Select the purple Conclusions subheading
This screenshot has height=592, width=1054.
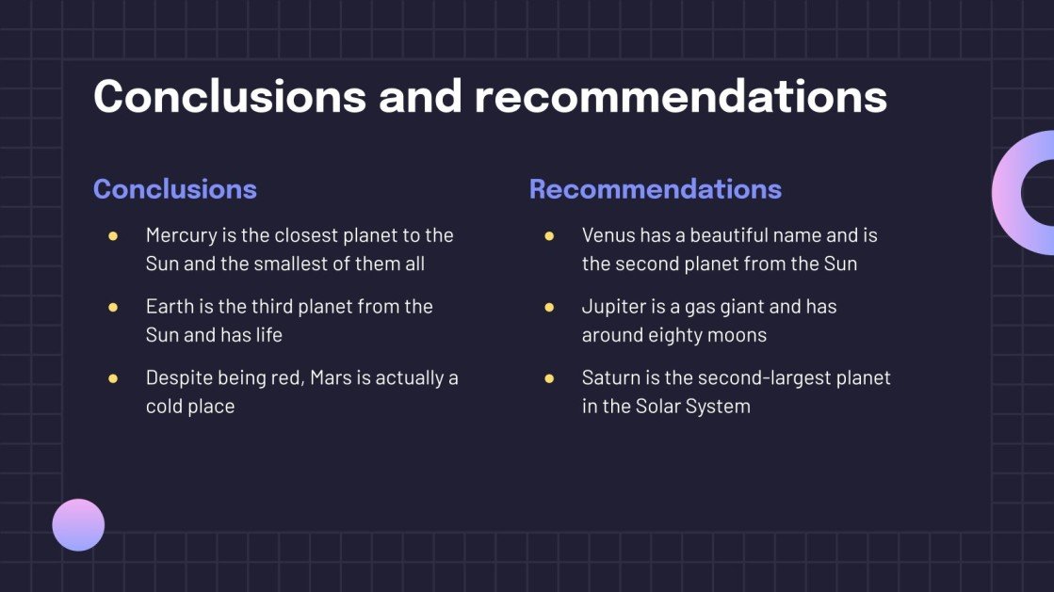[175, 189]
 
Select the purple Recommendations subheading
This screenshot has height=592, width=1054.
[656, 189]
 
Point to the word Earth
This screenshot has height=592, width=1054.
[168, 307]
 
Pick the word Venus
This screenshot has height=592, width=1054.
[608, 235]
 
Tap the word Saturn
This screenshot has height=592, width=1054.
[610, 378]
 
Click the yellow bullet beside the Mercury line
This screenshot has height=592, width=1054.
[113, 235]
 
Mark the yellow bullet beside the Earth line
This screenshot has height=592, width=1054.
[113, 307]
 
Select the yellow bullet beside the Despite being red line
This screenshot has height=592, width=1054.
[113, 378]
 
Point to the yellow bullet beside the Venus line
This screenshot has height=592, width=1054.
[549, 235]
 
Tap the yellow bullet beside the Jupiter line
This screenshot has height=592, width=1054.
[549, 307]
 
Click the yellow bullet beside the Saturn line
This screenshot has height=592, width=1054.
[549, 378]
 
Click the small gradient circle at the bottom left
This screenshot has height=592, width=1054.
[78, 524]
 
